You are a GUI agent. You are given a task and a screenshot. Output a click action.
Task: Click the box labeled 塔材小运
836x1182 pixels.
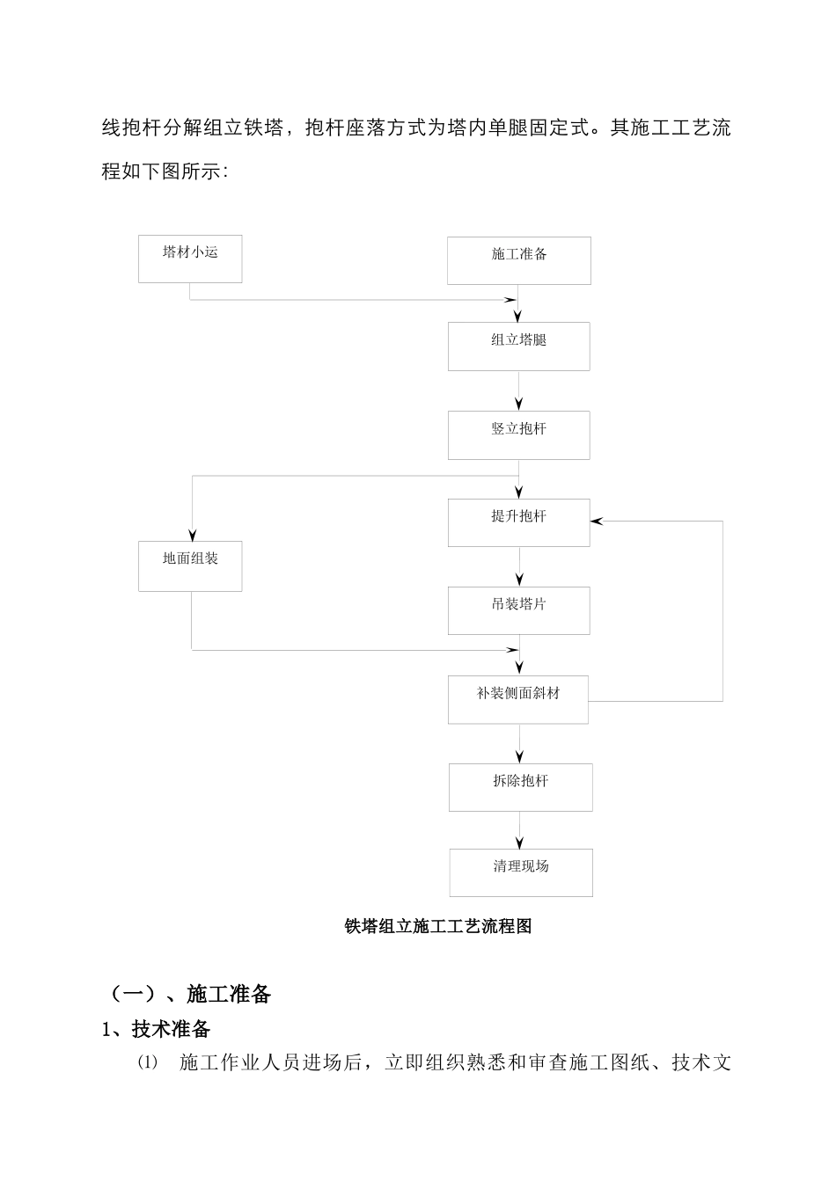click(x=190, y=259)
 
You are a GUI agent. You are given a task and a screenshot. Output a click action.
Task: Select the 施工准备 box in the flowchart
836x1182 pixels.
click(x=519, y=260)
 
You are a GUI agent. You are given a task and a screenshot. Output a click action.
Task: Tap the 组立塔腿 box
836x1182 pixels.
click(x=519, y=346)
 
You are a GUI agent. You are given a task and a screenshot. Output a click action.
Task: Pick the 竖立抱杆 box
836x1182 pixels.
click(x=519, y=434)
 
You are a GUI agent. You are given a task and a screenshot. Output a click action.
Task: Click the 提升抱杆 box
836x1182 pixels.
click(x=519, y=522)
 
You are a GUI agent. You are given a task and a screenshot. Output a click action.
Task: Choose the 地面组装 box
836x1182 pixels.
click(x=190, y=565)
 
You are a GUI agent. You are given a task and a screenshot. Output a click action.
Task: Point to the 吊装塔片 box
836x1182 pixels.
click(x=519, y=610)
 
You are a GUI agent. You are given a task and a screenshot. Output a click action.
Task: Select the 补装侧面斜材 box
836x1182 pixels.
click(x=518, y=699)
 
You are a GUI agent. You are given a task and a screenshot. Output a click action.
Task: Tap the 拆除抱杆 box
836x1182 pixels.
click(x=520, y=787)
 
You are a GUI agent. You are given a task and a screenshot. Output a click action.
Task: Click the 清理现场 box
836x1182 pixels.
click(x=521, y=872)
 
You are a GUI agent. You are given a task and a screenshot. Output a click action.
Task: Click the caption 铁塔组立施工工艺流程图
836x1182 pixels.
click(x=438, y=926)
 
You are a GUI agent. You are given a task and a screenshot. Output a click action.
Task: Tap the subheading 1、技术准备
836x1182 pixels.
click(x=157, y=1028)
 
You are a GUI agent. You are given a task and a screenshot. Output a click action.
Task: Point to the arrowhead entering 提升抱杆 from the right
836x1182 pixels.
click(x=598, y=522)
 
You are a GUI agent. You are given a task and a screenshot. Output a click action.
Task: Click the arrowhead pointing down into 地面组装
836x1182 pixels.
click(x=192, y=534)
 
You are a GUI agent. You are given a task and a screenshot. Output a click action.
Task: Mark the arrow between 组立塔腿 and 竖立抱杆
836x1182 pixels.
click(x=519, y=391)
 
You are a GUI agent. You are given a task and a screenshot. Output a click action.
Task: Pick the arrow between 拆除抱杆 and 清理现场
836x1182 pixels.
click(x=520, y=830)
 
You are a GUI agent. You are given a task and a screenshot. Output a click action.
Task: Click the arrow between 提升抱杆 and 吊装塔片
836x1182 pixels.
click(x=519, y=567)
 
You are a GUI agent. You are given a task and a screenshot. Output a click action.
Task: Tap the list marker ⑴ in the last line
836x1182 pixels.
click(x=146, y=1062)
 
